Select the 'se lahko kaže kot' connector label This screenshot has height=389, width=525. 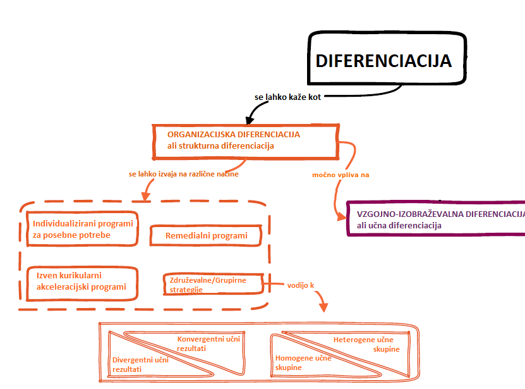(287, 97)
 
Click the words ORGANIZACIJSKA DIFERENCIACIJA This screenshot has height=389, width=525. (233, 135)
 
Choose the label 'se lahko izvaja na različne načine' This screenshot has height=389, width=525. (183, 174)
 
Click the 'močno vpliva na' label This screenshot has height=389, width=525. (341, 174)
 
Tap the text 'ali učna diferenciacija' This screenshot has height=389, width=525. (399, 225)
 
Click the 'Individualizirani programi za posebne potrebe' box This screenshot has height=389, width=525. (82, 229)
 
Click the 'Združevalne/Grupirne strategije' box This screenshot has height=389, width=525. (213, 283)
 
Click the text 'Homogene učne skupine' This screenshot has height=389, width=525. (303, 362)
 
